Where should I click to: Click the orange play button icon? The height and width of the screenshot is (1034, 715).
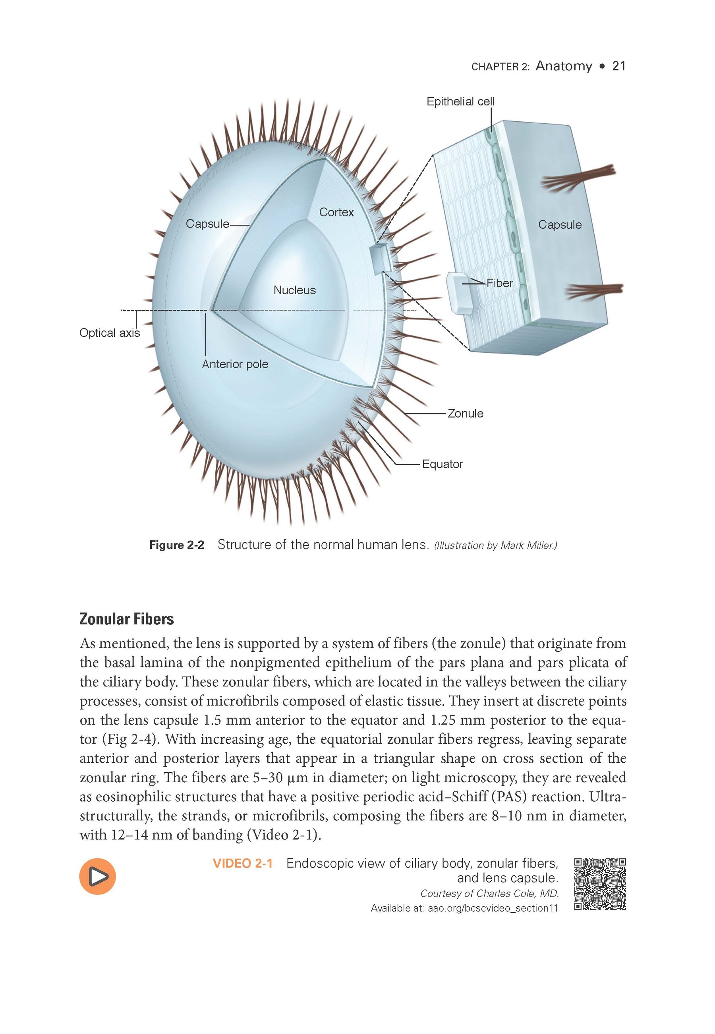click(97, 876)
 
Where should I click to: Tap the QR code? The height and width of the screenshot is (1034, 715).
click(600, 884)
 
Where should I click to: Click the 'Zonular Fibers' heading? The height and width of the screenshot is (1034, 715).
click(127, 619)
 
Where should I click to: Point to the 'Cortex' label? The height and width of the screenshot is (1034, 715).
click(336, 212)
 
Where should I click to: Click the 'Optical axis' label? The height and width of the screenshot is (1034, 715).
click(109, 333)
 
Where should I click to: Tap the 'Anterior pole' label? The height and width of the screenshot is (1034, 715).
click(235, 364)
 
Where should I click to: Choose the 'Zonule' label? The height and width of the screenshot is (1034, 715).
click(466, 414)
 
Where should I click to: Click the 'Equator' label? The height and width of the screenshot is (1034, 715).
click(442, 464)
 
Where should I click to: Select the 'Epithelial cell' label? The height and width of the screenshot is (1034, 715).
click(460, 102)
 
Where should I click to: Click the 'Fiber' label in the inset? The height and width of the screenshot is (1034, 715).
click(500, 284)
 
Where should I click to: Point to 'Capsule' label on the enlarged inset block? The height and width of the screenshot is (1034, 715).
click(560, 225)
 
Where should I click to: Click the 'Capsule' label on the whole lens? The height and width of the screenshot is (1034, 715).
click(207, 224)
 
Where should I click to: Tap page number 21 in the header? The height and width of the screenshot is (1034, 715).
click(619, 66)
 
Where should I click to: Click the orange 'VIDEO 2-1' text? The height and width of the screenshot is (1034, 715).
click(242, 863)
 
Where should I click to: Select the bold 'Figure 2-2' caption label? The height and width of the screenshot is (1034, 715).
click(176, 545)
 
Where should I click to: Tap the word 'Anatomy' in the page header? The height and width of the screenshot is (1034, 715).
click(564, 66)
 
